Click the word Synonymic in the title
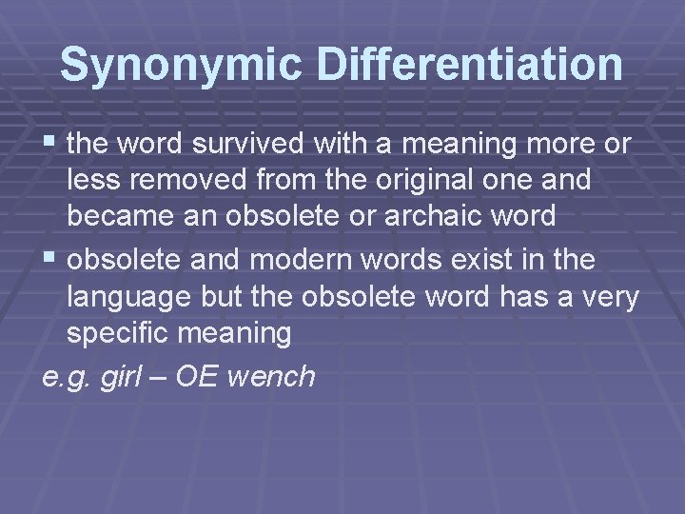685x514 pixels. [x=181, y=64]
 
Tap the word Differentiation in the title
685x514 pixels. [x=470, y=64]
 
